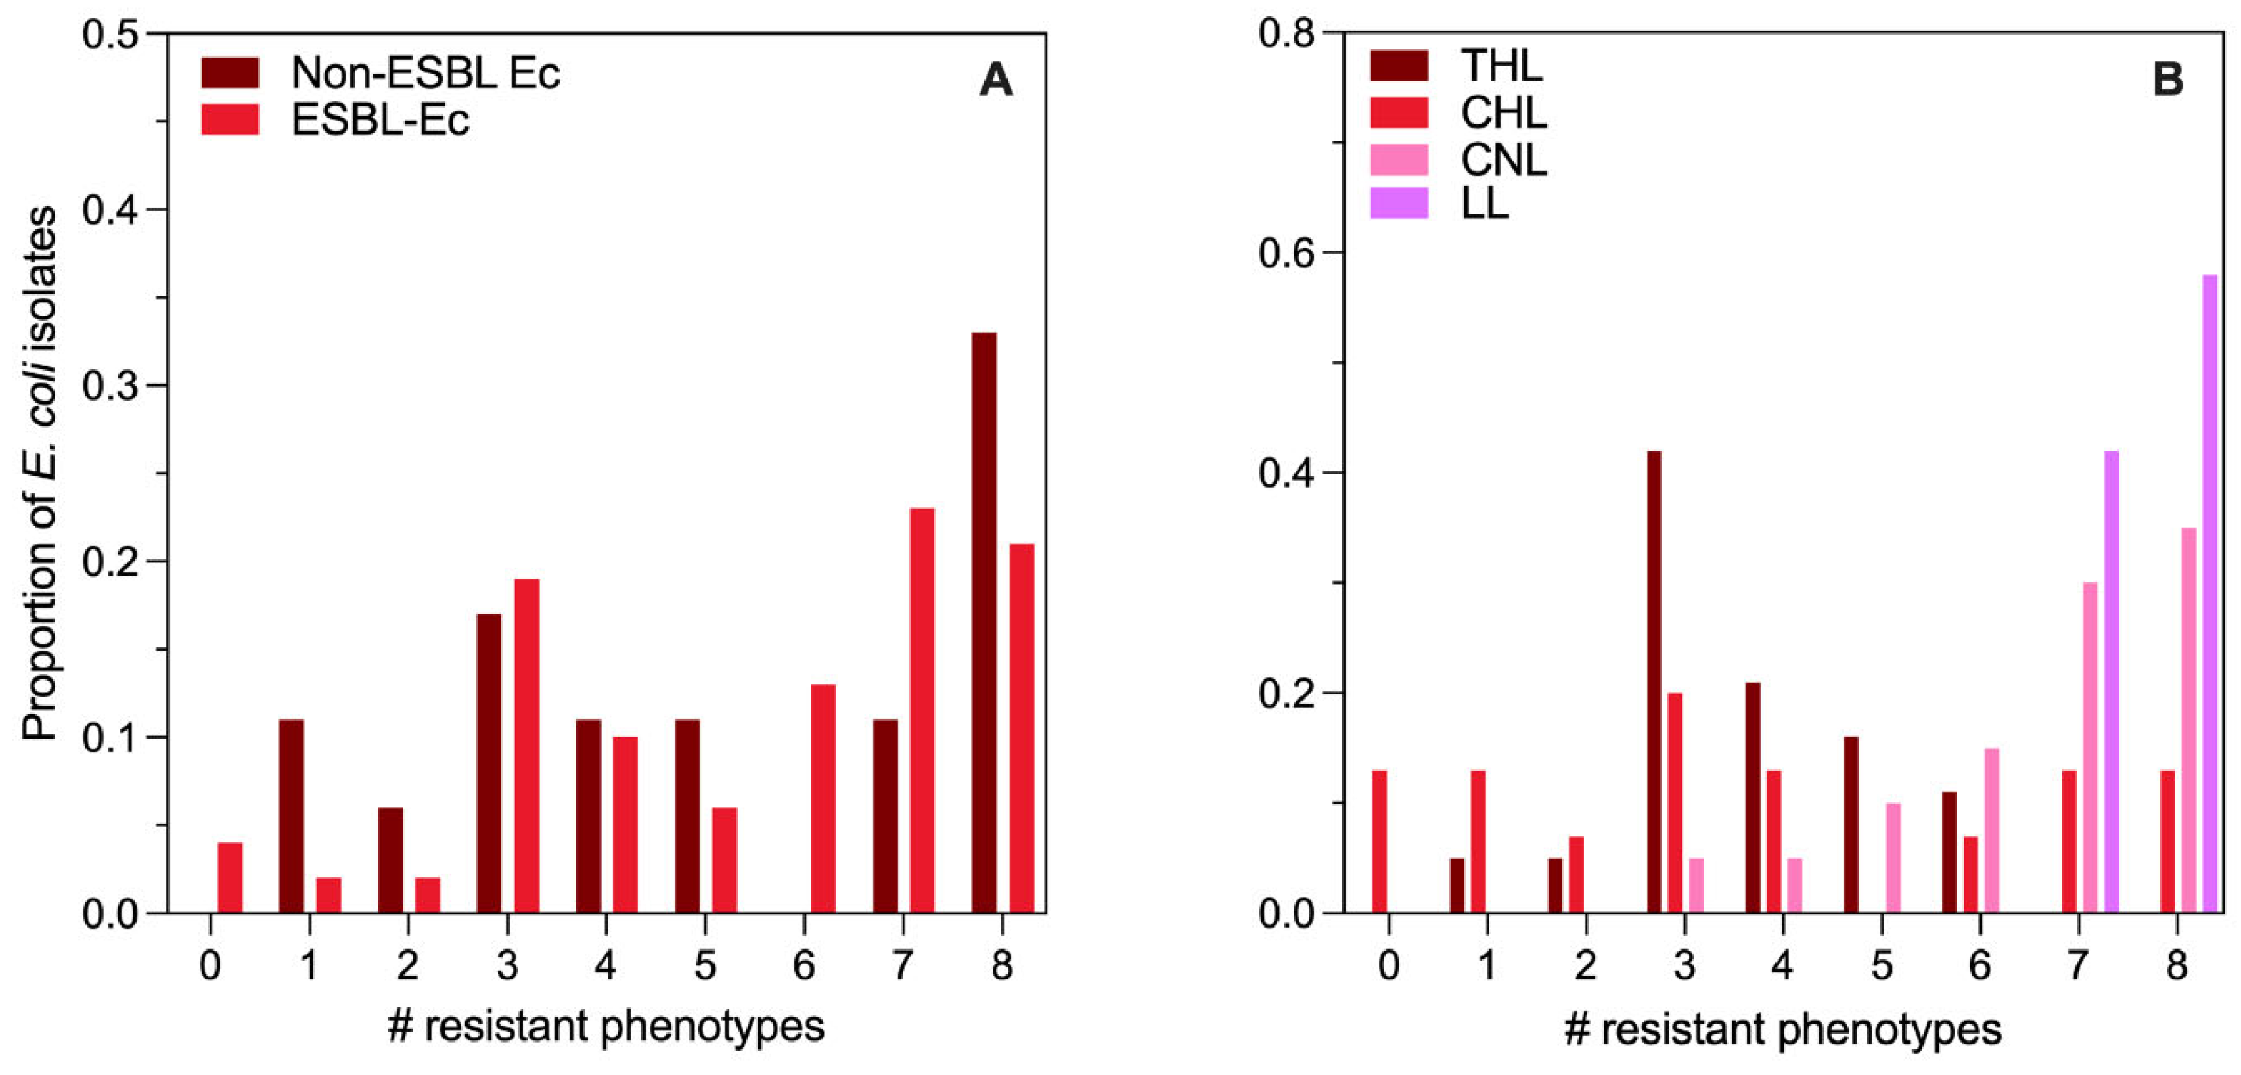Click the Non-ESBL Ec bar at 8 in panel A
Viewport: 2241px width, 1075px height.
pos(984,622)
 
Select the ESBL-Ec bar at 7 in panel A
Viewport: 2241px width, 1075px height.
pos(922,710)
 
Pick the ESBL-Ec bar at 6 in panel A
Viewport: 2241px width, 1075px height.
pos(823,798)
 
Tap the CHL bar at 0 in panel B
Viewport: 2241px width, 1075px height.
pos(1379,841)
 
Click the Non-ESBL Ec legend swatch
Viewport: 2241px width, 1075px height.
pos(229,73)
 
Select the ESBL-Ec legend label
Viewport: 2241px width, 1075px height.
pos(380,120)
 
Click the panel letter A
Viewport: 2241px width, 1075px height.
pos(995,81)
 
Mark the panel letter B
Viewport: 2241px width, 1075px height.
pos(2167,81)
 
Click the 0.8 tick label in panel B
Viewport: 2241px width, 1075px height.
pos(1286,35)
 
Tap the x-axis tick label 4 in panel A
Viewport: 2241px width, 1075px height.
pos(606,965)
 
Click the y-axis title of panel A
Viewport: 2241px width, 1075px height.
pos(40,474)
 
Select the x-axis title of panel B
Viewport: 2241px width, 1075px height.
pos(1782,1029)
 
